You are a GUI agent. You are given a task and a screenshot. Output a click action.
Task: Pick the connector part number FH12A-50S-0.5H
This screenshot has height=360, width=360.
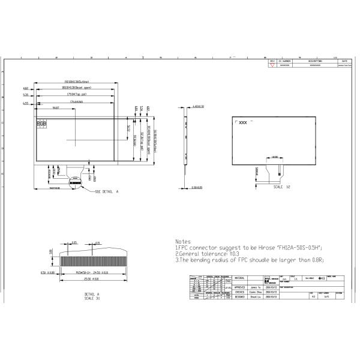298,247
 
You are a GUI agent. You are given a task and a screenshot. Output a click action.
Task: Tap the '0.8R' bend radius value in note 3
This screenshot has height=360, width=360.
317,260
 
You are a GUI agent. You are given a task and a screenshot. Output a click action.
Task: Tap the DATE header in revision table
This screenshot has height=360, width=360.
344,61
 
